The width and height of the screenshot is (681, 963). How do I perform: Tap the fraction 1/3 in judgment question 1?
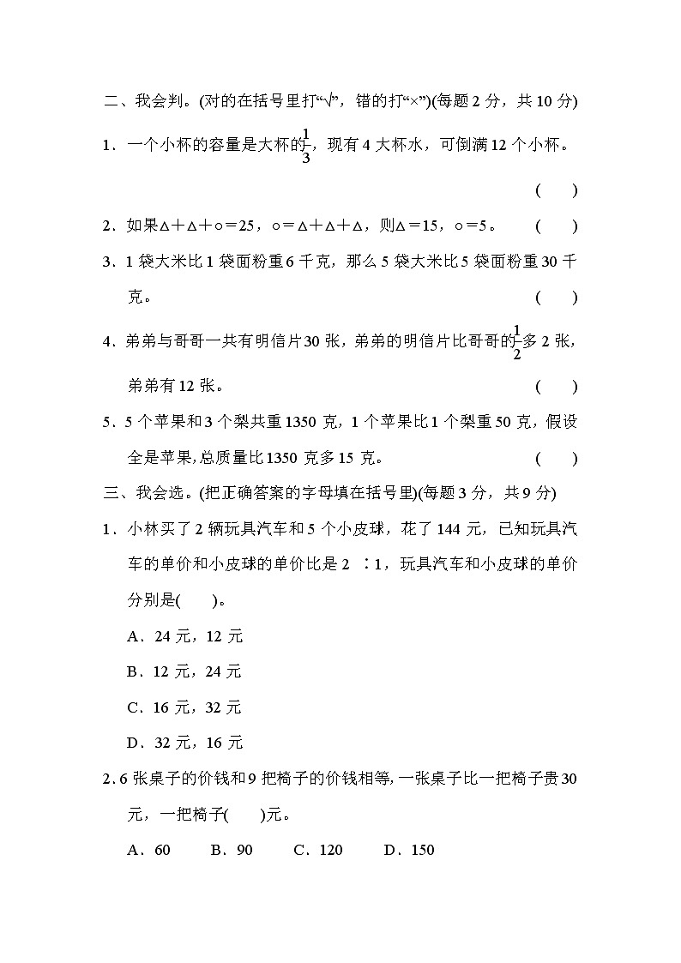point(306,145)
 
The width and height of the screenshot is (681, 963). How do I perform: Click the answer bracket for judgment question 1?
point(557,190)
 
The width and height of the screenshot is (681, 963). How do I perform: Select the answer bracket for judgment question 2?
point(557,226)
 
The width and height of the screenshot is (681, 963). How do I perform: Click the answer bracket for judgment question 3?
point(557,298)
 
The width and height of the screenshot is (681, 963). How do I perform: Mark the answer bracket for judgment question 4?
point(557,386)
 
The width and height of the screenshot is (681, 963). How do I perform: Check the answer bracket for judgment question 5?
point(557,458)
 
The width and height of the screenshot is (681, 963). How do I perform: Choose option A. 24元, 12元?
point(184,635)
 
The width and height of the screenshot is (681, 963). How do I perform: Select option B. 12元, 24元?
point(184,671)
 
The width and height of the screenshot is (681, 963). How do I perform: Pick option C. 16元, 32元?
point(184,707)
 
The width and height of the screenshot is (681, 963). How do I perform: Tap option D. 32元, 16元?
point(184,743)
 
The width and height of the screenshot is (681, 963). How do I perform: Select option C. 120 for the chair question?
point(318,850)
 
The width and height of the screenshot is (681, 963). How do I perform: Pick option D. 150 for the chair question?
point(409,850)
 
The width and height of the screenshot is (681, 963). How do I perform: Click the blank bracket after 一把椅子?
point(244,815)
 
